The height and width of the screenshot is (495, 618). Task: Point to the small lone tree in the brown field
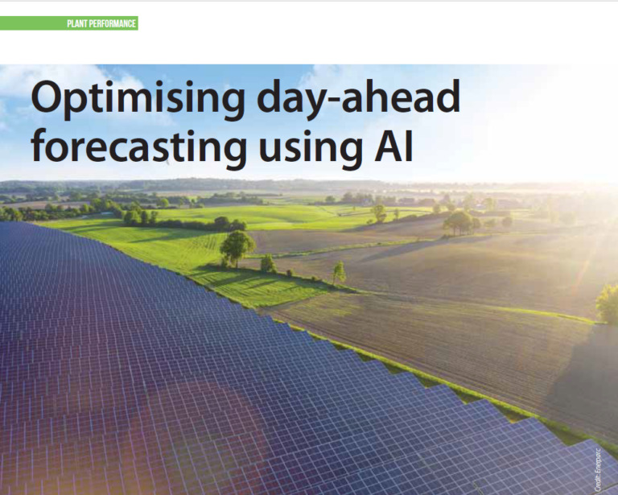point(340,273)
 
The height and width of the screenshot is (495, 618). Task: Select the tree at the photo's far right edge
point(608,304)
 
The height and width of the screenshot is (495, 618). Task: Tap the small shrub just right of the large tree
point(268,263)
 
